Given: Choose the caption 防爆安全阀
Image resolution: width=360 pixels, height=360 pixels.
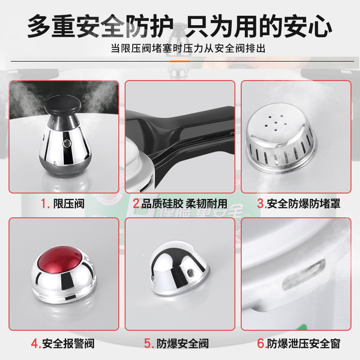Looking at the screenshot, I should point(183,344).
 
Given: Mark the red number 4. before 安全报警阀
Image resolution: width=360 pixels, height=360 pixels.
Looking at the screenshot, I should point(36,344).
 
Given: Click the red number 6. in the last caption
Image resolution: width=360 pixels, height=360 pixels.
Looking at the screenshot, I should point(261,344).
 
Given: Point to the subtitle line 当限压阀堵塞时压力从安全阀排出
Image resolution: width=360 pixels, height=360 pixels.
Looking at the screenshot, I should point(188,48).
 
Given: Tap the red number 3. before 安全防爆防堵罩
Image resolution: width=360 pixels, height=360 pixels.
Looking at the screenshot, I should point(261,203).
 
